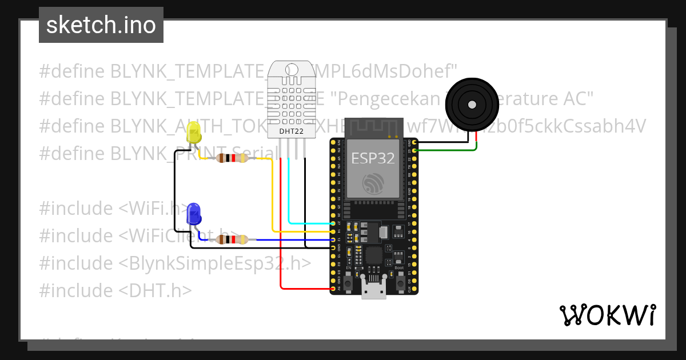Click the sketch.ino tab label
pos(101,25)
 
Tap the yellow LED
pos(194,135)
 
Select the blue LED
pos(194,214)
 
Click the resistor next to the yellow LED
pos(231,158)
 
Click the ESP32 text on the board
pos(373,158)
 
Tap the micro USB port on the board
pos(374,290)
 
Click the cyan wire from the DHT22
pos(289,194)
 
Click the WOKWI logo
pos(608,315)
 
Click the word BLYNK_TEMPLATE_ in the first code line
pos(188,71)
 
